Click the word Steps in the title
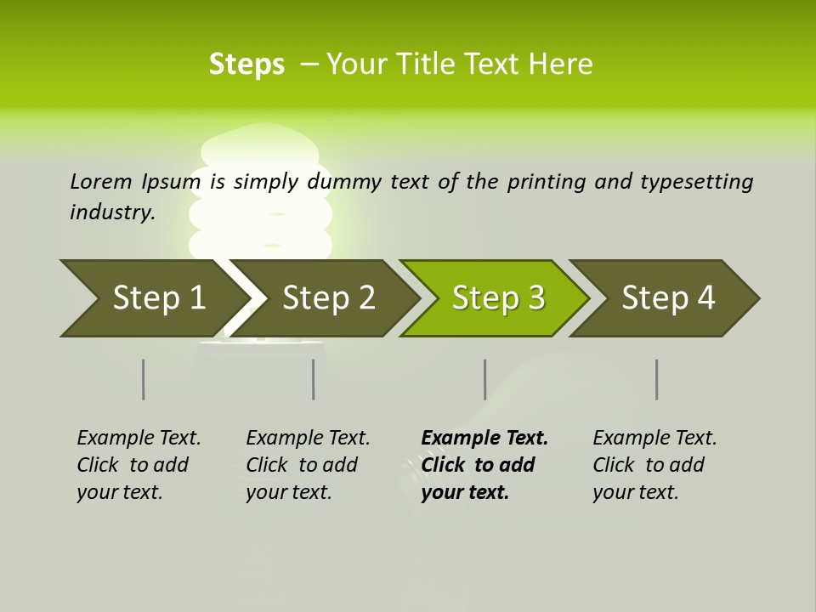point(246,65)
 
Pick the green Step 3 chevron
point(497,298)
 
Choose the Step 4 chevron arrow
point(668,298)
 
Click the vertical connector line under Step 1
point(143,379)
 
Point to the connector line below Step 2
point(314,379)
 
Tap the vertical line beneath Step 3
point(484,379)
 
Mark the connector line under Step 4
point(656,379)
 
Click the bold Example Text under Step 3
point(484,439)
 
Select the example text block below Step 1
point(139,465)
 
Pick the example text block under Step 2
point(308,465)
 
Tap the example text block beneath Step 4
point(654,465)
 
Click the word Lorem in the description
point(101,181)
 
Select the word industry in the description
point(112,212)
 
